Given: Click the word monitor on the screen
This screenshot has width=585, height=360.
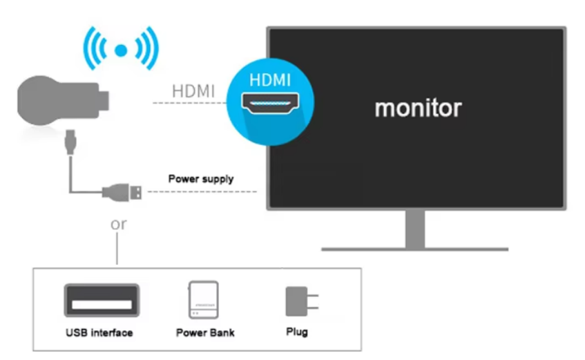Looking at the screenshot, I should pos(418,108).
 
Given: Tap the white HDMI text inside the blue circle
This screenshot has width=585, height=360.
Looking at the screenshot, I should pos(270,80).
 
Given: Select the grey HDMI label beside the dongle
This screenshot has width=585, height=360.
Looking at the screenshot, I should pos(193,91).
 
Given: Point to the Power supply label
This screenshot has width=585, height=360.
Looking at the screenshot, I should pos(201,179).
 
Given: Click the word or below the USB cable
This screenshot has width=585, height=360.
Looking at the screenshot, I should pos(119,225).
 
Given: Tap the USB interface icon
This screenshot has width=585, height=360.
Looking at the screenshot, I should pos(102,301).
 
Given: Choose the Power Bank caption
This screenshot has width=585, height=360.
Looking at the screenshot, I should pos(205,332).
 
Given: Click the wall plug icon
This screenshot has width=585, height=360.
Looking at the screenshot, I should pos(298,301).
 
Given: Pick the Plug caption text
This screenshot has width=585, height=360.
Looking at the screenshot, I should pos(297,332).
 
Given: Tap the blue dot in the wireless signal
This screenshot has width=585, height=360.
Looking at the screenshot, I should pos(121,50).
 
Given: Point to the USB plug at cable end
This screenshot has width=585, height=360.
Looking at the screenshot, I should pos(124,191).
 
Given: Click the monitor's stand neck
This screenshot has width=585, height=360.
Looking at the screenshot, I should pos(414,228).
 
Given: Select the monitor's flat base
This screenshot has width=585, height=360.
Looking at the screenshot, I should pos(414,248).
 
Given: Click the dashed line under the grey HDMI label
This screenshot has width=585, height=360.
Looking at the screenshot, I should pos(190,103).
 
